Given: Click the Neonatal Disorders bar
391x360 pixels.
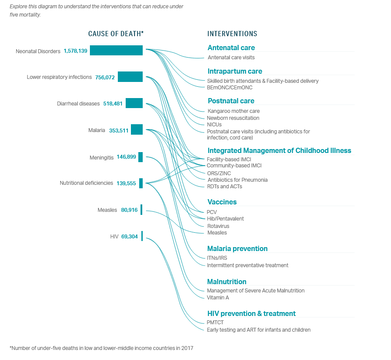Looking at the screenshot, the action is pos(116,50).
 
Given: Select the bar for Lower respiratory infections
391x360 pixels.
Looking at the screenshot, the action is pos(130,77).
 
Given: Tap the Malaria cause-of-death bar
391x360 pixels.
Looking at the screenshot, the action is pos(137,129).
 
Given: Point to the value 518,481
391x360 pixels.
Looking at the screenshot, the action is pos(113,104).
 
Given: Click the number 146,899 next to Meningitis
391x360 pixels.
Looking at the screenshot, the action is pos(127,157).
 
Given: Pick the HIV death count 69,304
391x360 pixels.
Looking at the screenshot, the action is pos(130,237).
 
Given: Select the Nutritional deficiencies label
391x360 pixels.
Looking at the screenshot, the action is pos(86,183).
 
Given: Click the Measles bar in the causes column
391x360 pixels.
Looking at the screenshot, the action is pos(141,210).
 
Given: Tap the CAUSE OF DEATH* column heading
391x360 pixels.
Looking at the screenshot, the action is pos(116,34).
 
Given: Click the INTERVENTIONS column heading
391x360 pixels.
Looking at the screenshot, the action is pos(232,34).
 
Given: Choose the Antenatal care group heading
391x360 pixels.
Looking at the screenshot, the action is pos(231,48).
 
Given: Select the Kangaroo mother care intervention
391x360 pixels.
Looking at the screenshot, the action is pos(233,111).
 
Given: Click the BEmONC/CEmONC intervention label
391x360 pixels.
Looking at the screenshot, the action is pos(230,88).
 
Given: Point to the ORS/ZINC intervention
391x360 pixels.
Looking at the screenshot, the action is pos(219,173).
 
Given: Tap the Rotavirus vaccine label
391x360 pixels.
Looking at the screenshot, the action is pos(218,226).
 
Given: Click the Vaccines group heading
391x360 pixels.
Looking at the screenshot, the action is pos(222,202).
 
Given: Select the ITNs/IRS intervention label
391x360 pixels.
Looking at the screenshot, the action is pos(217,258).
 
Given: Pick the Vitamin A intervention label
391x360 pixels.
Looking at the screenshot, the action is pos(218,298).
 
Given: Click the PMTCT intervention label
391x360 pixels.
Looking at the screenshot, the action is pos(215,323).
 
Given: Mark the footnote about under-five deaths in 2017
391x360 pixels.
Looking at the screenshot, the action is pos(102,348).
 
